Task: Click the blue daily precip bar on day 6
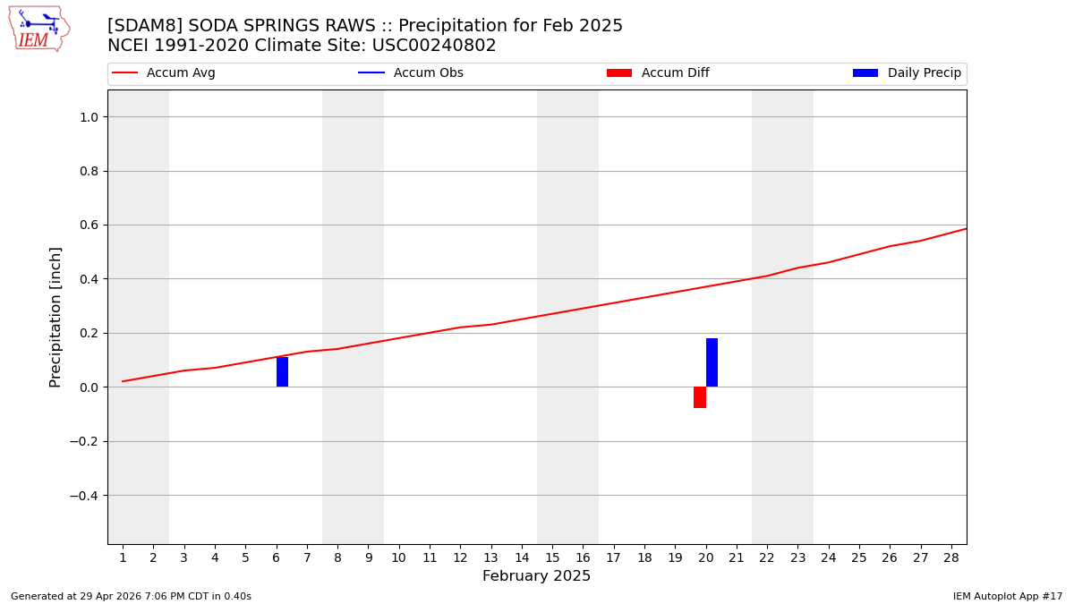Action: click(282, 372)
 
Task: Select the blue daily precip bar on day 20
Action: click(712, 362)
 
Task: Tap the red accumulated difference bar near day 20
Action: click(700, 397)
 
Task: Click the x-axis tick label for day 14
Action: click(522, 558)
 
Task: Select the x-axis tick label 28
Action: click(951, 558)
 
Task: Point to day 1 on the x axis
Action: click(123, 558)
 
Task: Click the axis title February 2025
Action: click(537, 576)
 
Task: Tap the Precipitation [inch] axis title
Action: click(55, 317)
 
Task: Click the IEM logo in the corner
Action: click(38, 29)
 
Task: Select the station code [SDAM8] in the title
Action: click(140, 26)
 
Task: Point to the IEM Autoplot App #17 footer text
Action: click(1008, 597)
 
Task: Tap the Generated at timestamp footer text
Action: click(131, 597)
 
